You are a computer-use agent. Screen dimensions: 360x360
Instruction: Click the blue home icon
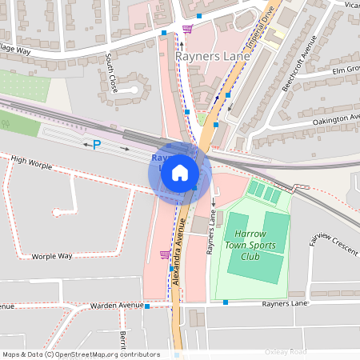pos(180,172)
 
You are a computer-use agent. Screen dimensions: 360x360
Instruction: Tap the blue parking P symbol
pos(98,145)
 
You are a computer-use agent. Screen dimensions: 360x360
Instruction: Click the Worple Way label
pos(52,256)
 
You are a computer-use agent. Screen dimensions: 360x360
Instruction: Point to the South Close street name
pos(111,72)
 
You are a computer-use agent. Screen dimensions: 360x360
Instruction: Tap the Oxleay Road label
pos(286,352)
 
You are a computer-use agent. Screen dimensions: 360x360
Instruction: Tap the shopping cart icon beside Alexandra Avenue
pos(165,254)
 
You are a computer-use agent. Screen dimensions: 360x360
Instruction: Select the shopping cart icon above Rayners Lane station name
pos(187,30)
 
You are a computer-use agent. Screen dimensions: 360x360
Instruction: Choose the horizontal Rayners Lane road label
pos(285,303)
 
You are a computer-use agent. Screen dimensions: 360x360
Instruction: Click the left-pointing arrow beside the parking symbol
pos(86,145)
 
